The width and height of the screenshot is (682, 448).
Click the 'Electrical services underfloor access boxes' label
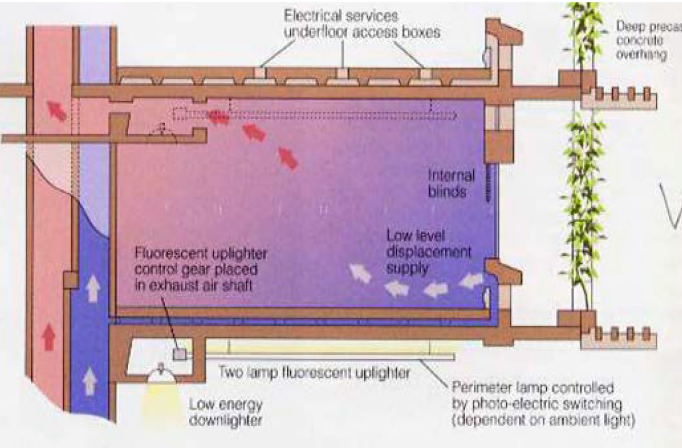[361, 24]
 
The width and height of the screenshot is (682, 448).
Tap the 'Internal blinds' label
[451, 183]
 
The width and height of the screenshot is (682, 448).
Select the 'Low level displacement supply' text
[428, 252]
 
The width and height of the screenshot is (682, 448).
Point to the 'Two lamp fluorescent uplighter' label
[314, 372]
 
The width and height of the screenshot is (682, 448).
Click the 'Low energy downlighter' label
[226, 412]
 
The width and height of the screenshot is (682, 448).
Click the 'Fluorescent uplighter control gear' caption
[201, 269]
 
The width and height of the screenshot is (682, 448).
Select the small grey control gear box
[180, 354]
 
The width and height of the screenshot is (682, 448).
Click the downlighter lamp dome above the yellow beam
[161, 373]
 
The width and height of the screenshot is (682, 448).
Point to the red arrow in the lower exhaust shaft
[49, 336]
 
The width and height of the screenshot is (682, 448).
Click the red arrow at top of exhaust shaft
[57, 110]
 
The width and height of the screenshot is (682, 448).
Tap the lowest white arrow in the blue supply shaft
[90, 380]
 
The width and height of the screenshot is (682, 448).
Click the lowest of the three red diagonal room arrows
[288, 158]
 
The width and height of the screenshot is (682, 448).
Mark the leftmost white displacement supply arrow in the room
[360, 273]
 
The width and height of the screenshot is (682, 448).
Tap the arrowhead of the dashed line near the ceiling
[454, 116]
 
